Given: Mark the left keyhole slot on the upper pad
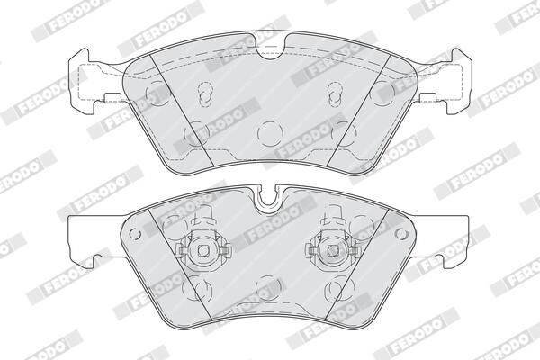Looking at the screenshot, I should [203, 94].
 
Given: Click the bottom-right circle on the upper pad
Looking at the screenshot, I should [346, 135].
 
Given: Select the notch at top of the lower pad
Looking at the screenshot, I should [271, 202].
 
